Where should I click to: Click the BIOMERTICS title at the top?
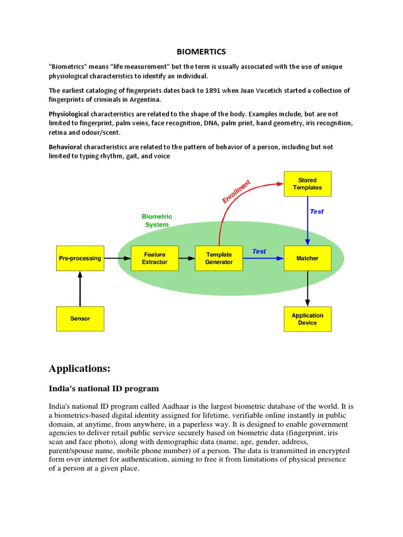tap(201, 52)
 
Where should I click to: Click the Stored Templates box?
tap(307, 184)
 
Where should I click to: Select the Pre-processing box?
tap(80, 258)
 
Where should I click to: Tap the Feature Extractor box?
tap(155, 258)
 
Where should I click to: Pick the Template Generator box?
tap(219, 258)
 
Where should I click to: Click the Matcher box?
tap(307, 258)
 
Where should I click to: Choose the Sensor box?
tap(80, 318)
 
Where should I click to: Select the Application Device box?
tap(307, 319)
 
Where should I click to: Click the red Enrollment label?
tap(236, 191)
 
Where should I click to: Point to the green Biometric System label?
tap(157, 220)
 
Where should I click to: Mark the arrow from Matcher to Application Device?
tap(307, 289)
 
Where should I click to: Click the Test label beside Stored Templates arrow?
tap(317, 211)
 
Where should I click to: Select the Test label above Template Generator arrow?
tap(259, 251)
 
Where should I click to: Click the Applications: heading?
tap(80, 368)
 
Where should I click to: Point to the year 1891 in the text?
tap(211, 91)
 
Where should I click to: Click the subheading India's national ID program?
tap(104, 389)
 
